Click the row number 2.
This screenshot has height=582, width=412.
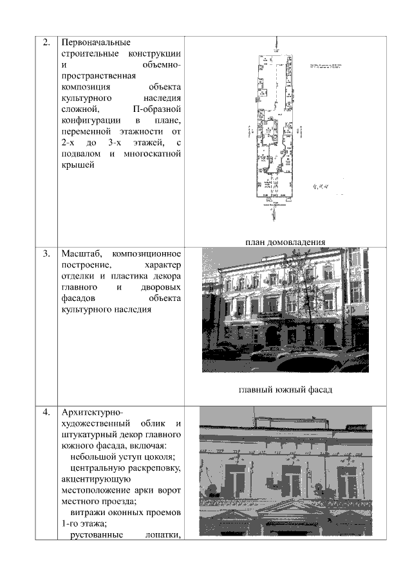point(46,43)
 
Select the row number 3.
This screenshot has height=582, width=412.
point(46,253)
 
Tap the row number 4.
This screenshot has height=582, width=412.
point(46,412)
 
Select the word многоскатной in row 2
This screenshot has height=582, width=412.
point(153,154)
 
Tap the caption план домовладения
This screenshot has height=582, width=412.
point(284,242)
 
